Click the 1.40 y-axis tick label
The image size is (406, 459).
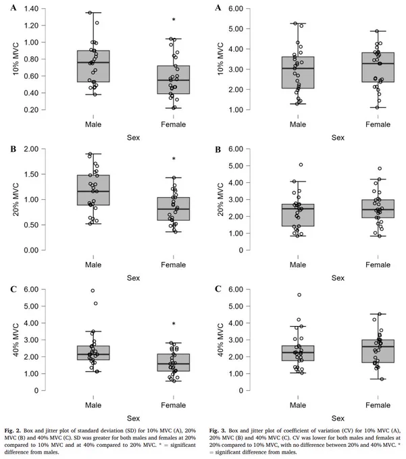coord(31,9)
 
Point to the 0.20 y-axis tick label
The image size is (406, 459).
coord(31,110)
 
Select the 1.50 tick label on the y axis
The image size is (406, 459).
coord(31,174)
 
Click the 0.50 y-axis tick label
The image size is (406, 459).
coord(31,225)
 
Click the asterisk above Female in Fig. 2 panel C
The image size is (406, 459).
coord(174,324)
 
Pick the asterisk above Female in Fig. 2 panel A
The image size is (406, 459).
coord(174,20)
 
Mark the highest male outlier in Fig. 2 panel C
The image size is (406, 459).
coord(93,291)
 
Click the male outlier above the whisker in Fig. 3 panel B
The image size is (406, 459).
coord(301,165)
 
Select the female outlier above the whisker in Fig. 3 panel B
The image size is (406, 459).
coord(380,169)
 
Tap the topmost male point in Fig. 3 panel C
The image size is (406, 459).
coord(299,295)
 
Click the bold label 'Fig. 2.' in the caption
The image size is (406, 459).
coord(13,431)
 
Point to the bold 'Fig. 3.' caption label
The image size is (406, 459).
coord(218,431)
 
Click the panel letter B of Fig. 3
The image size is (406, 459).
coord(218,150)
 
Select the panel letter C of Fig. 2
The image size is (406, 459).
coord(14,290)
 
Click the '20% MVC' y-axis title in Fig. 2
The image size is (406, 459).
coord(16,200)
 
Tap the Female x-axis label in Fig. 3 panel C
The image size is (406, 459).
coord(378,405)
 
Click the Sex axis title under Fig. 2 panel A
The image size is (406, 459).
coord(133,138)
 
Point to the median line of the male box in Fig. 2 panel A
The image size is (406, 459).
coord(93,62)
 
